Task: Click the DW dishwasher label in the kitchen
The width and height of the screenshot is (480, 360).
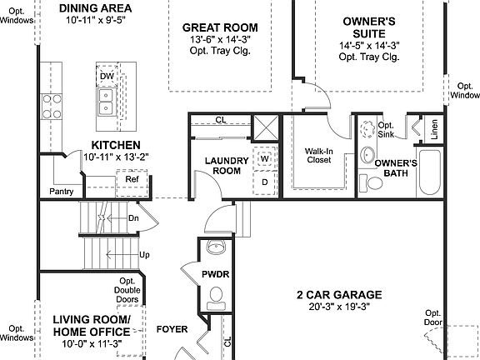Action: pyautogui.click(x=106, y=77)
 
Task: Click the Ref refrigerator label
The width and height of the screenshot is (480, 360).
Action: pyautogui.click(x=132, y=179)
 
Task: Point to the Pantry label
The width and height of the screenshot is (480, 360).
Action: pyautogui.click(x=61, y=192)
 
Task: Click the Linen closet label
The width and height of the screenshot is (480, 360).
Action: pyautogui.click(x=434, y=131)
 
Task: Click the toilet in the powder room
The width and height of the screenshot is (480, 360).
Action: pyautogui.click(x=216, y=295)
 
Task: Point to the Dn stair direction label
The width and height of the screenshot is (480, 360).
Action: pyautogui.click(x=133, y=217)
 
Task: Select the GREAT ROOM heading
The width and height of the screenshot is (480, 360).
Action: pyautogui.click(x=220, y=27)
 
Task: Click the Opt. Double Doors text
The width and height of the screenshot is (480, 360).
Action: pyautogui.click(x=127, y=290)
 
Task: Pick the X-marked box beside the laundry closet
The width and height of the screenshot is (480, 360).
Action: pyautogui.click(x=267, y=127)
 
